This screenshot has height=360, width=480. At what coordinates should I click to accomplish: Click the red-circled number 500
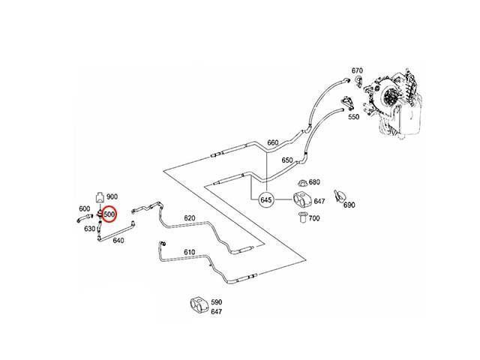pyautogui.click(x=109, y=214)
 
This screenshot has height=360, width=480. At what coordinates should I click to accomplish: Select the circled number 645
pyautogui.click(x=265, y=200)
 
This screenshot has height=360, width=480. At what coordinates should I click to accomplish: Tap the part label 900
pyautogui.click(x=112, y=196)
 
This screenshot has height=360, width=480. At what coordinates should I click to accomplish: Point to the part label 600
pyautogui.click(x=85, y=208)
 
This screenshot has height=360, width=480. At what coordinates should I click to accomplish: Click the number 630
pyautogui.click(x=90, y=229)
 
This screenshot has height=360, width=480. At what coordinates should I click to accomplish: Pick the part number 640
pyautogui.click(x=118, y=241)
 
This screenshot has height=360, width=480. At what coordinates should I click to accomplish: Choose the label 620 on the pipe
pyautogui.click(x=190, y=218)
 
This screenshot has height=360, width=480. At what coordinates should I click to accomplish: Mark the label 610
pyautogui.click(x=190, y=252)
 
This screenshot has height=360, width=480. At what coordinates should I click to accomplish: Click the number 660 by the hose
pyautogui.click(x=273, y=142)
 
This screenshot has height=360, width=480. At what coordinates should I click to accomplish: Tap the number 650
pyautogui.click(x=287, y=160)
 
